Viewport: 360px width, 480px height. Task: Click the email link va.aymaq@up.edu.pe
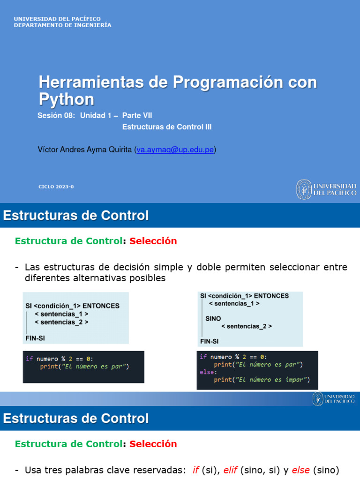coord(175,150)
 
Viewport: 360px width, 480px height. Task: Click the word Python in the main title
coord(66,99)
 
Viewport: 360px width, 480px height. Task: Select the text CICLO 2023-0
coord(56,187)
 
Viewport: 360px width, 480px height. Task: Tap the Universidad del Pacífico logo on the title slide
coord(326,189)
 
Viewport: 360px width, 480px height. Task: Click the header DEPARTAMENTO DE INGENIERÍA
coord(62,25)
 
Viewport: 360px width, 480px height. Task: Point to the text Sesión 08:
coord(56,115)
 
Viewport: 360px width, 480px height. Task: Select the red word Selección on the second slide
coord(153,241)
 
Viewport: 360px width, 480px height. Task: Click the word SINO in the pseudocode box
coord(213,318)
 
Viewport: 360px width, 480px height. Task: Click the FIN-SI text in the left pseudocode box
coord(35,337)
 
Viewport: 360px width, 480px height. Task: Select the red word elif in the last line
coord(230,470)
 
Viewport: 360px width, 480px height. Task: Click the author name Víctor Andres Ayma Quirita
coord(85,150)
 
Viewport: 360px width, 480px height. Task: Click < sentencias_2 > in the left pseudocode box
coord(61,322)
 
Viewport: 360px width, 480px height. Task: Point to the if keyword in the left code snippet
coord(29,359)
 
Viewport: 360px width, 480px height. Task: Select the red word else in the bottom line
coord(300,470)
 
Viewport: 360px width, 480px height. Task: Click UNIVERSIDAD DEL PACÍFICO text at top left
coord(57,19)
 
